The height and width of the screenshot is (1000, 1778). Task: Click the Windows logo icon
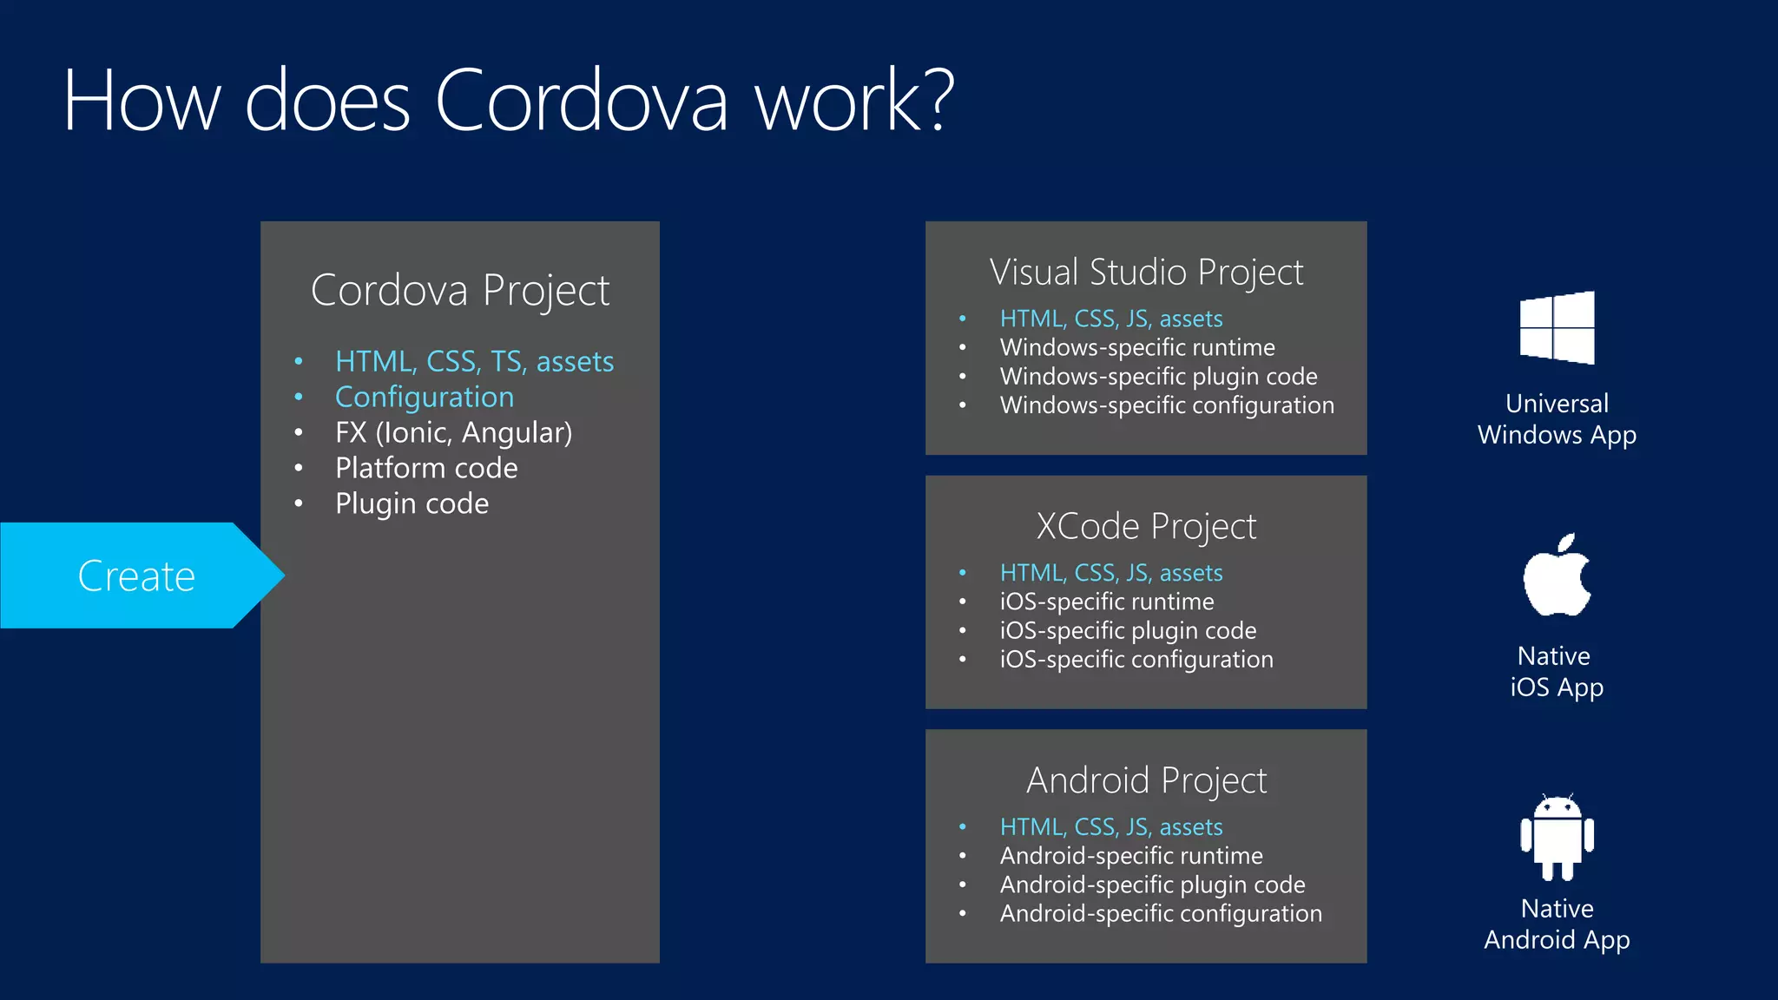[x=1557, y=327]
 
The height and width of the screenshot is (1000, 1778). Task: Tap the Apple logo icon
[x=1557, y=576]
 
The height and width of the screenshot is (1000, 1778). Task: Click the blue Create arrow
[x=136, y=576]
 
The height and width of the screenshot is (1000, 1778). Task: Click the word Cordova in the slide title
[x=581, y=102]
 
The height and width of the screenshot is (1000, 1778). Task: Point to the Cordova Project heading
[x=460, y=290]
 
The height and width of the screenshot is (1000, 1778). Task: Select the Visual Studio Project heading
[x=1146, y=273]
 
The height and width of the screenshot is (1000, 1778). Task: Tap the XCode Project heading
[x=1146, y=527]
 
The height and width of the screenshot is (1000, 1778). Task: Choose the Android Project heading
[x=1146, y=780]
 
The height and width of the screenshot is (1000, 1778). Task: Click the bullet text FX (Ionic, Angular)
[x=453, y=432]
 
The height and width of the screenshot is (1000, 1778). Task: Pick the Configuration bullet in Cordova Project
[x=425, y=398]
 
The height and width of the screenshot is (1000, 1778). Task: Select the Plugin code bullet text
[x=412, y=503]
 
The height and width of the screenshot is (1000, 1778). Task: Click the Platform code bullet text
[x=426, y=468]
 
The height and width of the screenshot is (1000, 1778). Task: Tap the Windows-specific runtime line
[x=1137, y=347]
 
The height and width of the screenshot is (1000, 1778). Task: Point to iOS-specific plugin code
[x=1128, y=630]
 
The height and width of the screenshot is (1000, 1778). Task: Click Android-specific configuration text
[x=1161, y=913]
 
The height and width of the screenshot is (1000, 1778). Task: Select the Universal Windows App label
[x=1557, y=419]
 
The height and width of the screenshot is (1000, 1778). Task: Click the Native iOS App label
[x=1557, y=672]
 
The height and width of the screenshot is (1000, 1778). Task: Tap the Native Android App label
[x=1557, y=924]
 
